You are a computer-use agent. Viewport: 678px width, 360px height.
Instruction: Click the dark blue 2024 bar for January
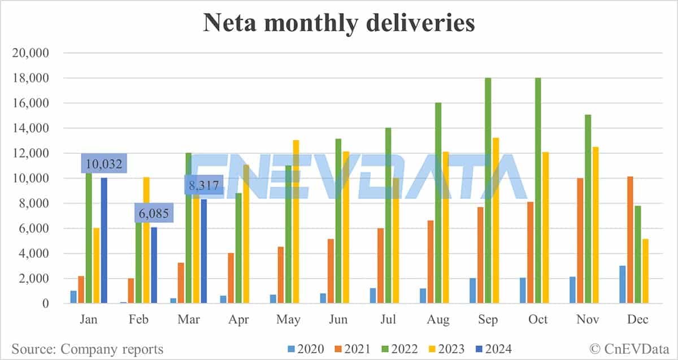(x=103, y=241)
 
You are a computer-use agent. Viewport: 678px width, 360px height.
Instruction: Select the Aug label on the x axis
(x=438, y=320)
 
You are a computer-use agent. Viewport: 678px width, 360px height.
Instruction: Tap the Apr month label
(x=238, y=320)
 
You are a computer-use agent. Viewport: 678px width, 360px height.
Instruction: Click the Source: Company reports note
(x=87, y=349)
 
